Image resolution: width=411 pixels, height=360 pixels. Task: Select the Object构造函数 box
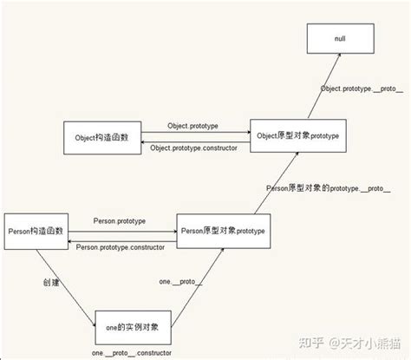(x=102, y=136)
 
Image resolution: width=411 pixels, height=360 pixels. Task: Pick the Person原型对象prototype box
(x=222, y=232)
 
